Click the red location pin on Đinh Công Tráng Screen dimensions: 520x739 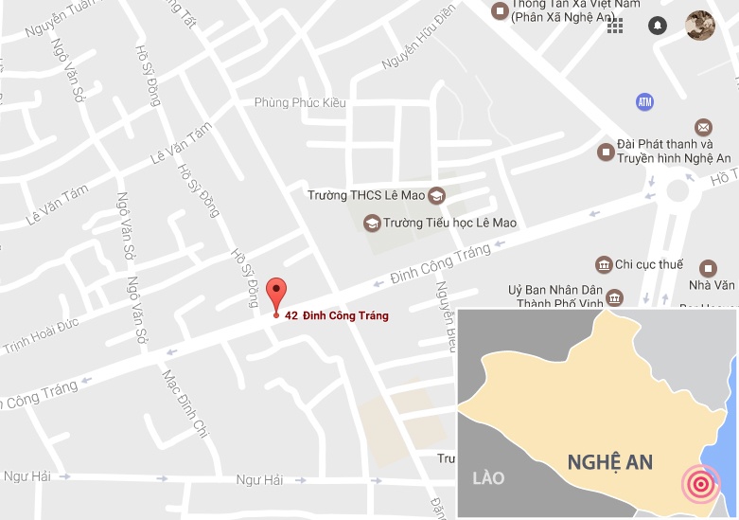(x=275, y=293)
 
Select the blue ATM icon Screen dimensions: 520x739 (x=645, y=101)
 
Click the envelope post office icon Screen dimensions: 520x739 (x=703, y=127)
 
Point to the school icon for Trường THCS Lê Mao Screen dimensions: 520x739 (x=436, y=196)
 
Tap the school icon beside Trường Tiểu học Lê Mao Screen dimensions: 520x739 (x=371, y=224)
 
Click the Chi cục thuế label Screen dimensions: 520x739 (x=648, y=264)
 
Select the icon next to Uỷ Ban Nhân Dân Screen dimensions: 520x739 (x=616, y=298)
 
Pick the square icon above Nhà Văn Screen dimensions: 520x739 (x=707, y=268)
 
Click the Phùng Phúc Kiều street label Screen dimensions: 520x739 (x=300, y=102)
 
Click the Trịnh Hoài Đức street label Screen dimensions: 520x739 (x=40, y=335)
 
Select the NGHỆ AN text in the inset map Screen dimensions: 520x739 (x=610, y=462)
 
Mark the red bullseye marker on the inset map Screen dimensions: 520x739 (x=700, y=485)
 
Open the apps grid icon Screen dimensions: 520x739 (x=615, y=26)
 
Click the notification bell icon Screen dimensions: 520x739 (x=658, y=26)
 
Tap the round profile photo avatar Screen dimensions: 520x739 (x=700, y=26)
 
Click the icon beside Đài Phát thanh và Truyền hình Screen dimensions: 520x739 (x=606, y=152)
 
